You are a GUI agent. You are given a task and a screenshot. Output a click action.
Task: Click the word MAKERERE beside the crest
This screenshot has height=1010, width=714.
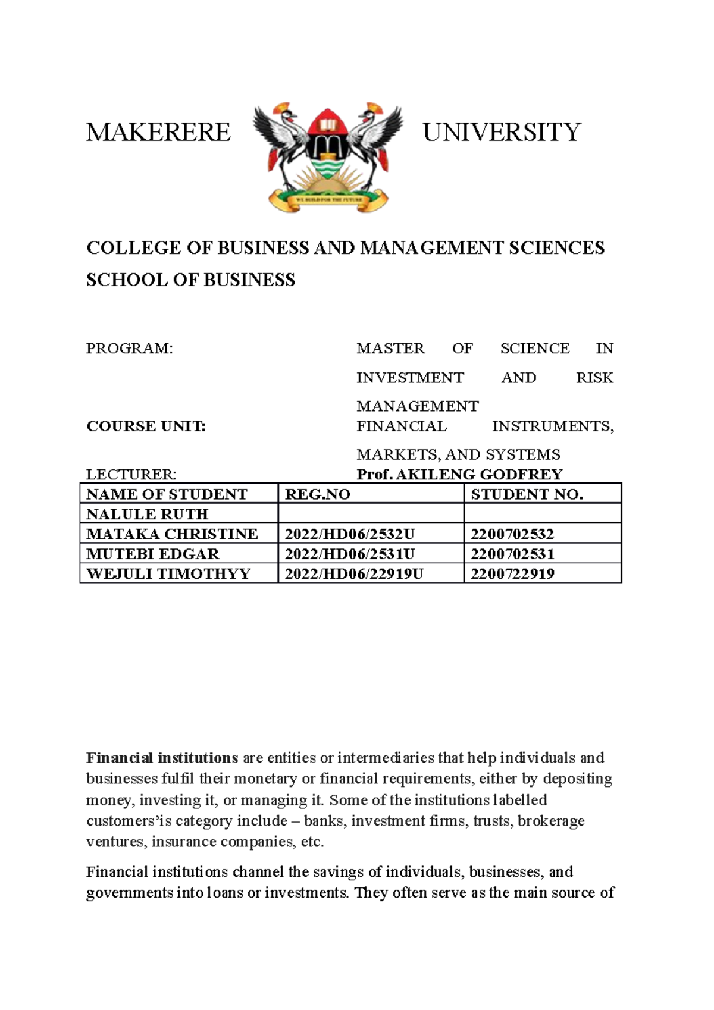point(158,132)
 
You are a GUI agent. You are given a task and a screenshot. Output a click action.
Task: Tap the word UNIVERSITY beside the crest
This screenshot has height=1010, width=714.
point(502,132)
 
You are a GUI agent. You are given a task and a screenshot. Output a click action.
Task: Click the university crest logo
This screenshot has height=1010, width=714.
point(327,157)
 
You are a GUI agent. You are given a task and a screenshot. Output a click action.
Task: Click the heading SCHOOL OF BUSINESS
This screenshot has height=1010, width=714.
point(190,280)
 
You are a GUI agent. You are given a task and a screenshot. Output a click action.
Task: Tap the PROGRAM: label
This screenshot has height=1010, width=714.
point(130,349)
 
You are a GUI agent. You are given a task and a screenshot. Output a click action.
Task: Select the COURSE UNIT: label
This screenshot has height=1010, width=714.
point(146,426)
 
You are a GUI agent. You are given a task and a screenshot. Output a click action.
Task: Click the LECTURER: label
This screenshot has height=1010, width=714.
point(131,475)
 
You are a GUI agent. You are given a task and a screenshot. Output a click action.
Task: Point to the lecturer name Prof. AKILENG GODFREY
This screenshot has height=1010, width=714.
point(459,475)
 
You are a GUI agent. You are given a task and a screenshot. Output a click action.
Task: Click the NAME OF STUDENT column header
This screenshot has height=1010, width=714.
point(167,494)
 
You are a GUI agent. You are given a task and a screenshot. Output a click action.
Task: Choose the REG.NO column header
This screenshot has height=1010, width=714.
point(318,494)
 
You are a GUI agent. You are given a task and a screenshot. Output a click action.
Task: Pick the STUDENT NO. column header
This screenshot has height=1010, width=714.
point(527,494)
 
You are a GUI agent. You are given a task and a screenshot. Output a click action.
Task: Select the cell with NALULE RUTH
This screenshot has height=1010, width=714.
point(148,514)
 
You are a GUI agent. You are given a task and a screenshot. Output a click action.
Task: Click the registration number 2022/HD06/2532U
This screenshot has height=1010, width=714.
point(349,534)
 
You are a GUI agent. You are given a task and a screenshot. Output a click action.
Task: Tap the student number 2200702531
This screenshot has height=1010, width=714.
point(512,554)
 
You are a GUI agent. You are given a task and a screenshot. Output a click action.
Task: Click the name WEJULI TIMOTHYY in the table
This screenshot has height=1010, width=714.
point(168,574)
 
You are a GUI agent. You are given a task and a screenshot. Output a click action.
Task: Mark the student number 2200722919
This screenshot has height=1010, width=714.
point(512,574)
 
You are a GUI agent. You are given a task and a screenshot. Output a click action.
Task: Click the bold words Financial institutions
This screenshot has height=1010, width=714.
point(162,758)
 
